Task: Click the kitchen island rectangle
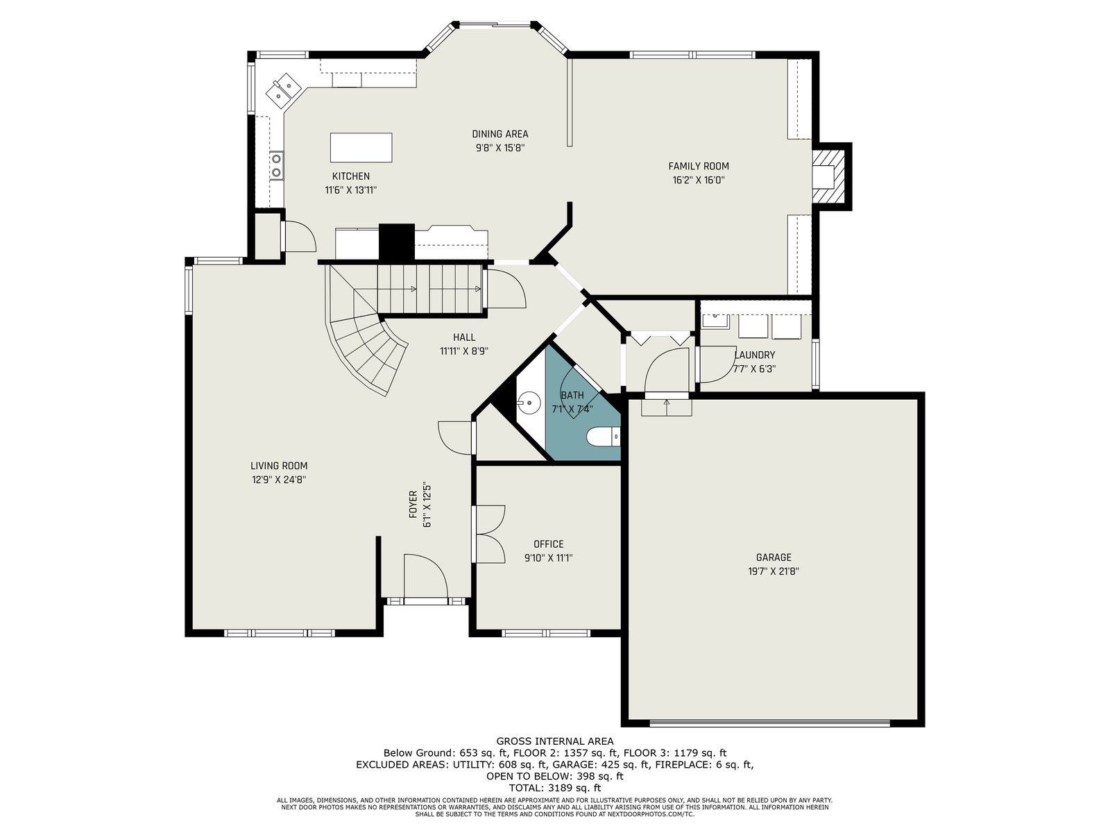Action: [361, 147]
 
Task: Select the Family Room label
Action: [699, 166]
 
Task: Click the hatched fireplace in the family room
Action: [829, 176]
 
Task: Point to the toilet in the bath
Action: [603, 437]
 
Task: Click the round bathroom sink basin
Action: [529, 403]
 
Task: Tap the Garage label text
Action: [774, 557]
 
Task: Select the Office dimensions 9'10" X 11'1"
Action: [548, 558]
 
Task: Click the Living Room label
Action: [279, 466]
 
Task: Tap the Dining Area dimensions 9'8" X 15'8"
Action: [499, 148]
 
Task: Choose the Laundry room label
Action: [754, 355]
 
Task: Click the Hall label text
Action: [463, 337]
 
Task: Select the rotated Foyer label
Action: [413, 504]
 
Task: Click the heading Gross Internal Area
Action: [555, 741]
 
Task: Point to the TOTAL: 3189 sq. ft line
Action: [555, 788]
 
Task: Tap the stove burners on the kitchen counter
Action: [276, 165]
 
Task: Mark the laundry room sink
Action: [715, 321]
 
